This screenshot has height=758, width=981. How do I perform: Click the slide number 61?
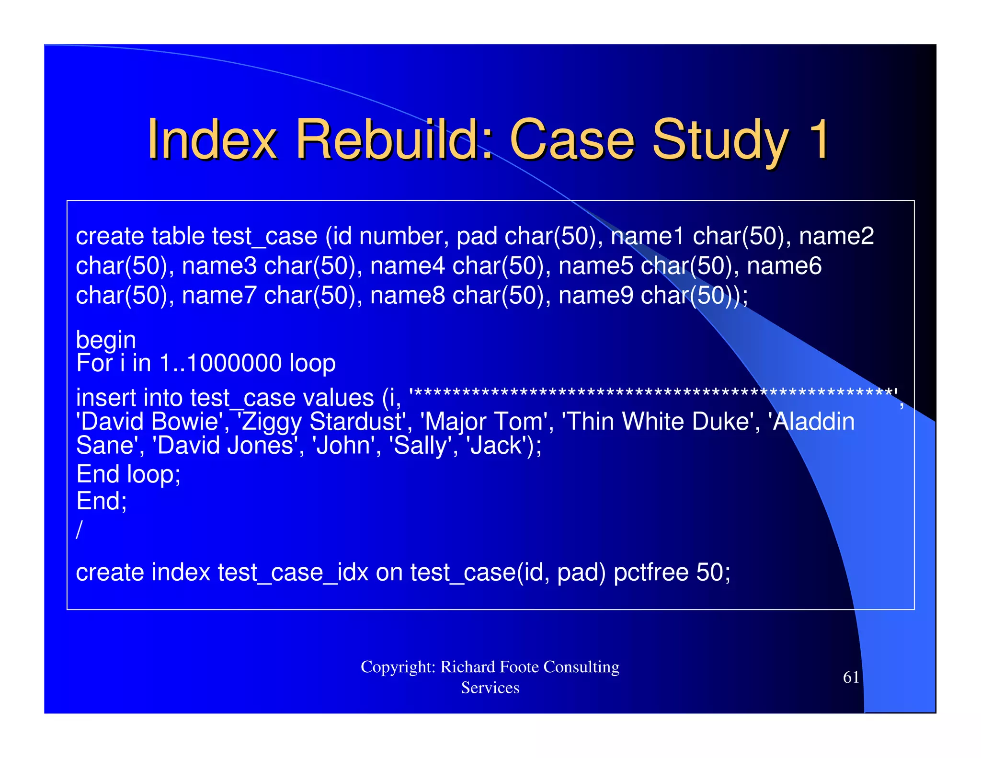[851, 677]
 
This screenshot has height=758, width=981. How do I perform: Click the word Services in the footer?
[490, 688]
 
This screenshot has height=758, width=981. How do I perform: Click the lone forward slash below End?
[80, 529]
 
